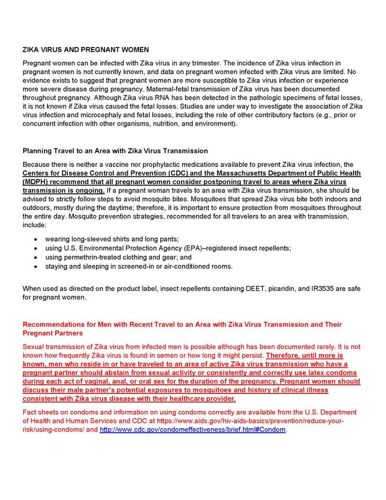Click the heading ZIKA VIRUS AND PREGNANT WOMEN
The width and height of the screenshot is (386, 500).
86,49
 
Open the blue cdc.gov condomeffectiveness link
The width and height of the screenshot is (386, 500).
192,430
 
